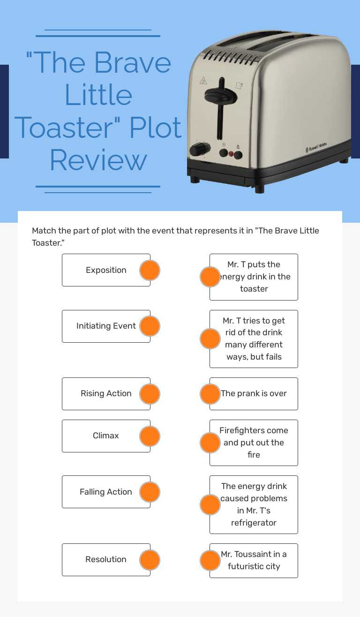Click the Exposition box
click(106, 270)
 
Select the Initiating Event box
click(106, 326)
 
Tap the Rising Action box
click(106, 393)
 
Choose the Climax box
click(106, 436)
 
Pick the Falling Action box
click(106, 492)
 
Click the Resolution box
click(106, 559)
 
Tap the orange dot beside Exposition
click(150, 271)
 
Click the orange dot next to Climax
click(150, 436)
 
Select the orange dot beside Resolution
click(150, 560)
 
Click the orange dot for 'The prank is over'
click(210, 394)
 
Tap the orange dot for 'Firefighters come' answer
click(210, 443)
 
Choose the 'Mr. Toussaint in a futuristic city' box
click(254, 560)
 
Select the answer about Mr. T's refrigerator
click(254, 504)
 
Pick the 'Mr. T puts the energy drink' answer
click(254, 277)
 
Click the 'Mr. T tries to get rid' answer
click(254, 339)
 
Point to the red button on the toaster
click(231, 153)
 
